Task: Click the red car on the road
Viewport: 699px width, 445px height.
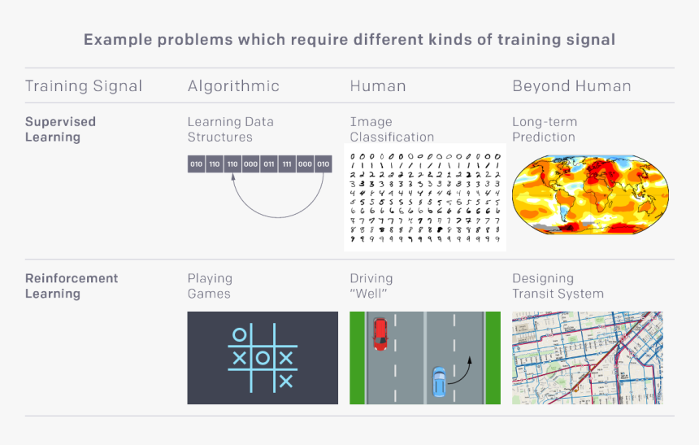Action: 380,334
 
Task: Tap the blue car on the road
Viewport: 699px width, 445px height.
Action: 439,381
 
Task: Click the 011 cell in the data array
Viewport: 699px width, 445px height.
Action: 269,164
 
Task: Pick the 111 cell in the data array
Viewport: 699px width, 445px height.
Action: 287,164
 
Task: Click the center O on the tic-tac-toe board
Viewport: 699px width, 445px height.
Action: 263,357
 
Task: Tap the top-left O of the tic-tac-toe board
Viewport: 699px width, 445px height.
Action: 239,334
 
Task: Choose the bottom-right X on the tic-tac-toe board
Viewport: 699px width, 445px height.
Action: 285,380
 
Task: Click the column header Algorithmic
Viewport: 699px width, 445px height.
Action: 233,85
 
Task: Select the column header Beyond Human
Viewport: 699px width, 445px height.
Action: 571,85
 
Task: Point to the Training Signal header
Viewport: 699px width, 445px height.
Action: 84,85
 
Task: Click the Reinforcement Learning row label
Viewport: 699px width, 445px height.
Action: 72,286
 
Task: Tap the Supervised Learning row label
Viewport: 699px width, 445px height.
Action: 60,129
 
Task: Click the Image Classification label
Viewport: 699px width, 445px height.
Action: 392,129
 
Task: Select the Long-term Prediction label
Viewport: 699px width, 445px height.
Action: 545,129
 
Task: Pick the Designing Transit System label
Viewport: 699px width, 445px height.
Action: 558,286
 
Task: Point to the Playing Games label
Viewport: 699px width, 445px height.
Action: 210,286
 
